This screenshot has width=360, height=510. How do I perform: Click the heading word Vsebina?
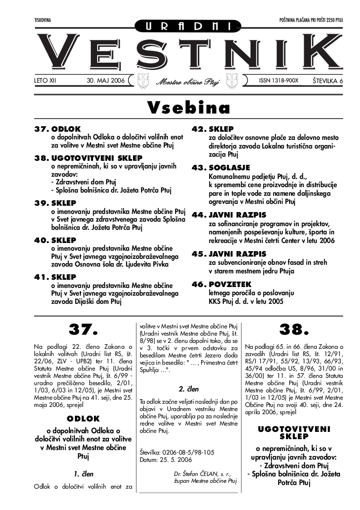click(x=188, y=108)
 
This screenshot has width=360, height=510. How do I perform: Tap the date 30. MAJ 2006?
click(x=105, y=80)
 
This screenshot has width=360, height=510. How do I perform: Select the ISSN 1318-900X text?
click(x=279, y=80)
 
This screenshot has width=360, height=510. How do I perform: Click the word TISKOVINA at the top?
click(x=43, y=20)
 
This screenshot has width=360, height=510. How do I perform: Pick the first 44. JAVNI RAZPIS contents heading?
click(x=229, y=214)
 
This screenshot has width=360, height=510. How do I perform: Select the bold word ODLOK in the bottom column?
click(x=83, y=419)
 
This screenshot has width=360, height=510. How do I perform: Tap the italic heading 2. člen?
click(x=188, y=389)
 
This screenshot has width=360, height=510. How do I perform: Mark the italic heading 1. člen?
click(x=84, y=474)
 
